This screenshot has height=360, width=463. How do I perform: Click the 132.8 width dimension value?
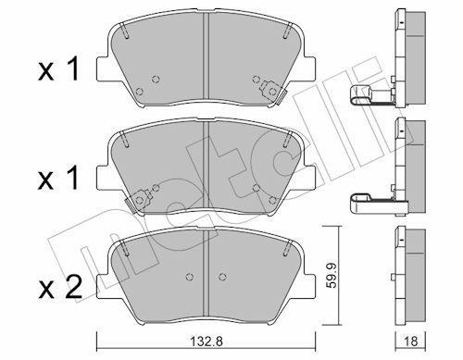tap(206, 341)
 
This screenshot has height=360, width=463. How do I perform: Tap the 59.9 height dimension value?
tap(332, 276)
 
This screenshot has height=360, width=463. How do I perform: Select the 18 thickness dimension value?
tap(410, 341)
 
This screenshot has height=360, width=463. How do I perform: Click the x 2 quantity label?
tap(59, 287)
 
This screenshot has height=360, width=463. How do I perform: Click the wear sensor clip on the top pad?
tap(271, 92)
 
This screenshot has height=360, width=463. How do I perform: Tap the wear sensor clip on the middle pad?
tap(138, 201)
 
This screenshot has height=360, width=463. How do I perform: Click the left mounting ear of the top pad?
tap(104, 69)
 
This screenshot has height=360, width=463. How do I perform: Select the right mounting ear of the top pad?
tap(309, 69)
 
